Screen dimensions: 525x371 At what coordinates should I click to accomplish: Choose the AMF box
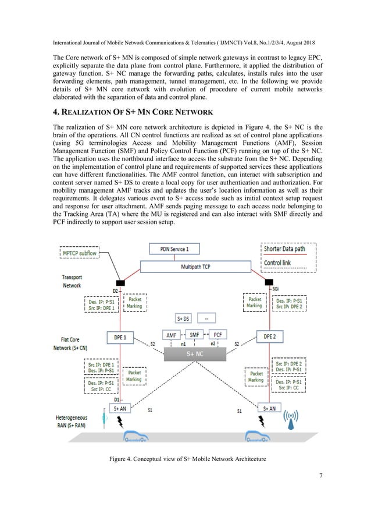point(172,336)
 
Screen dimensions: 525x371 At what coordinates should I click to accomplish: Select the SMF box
point(194,336)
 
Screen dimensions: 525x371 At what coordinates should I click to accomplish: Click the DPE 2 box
point(270,336)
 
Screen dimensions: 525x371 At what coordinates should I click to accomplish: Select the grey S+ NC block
point(194,353)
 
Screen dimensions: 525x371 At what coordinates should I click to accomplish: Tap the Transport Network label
point(72,282)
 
